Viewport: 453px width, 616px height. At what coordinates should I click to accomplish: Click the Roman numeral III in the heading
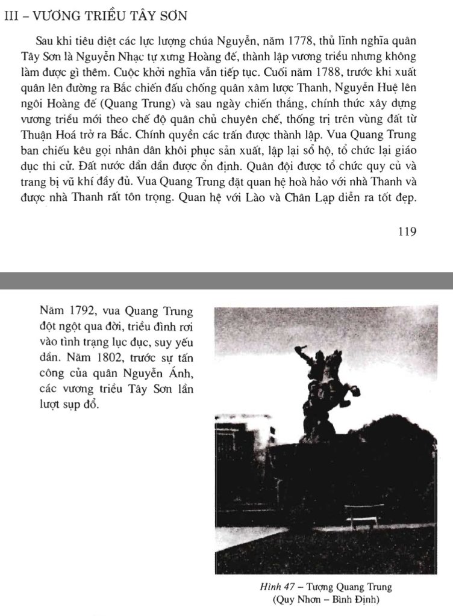pyautogui.click(x=10, y=17)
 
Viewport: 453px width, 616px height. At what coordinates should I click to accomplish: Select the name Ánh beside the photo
pyautogui.click(x=179, y=370)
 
